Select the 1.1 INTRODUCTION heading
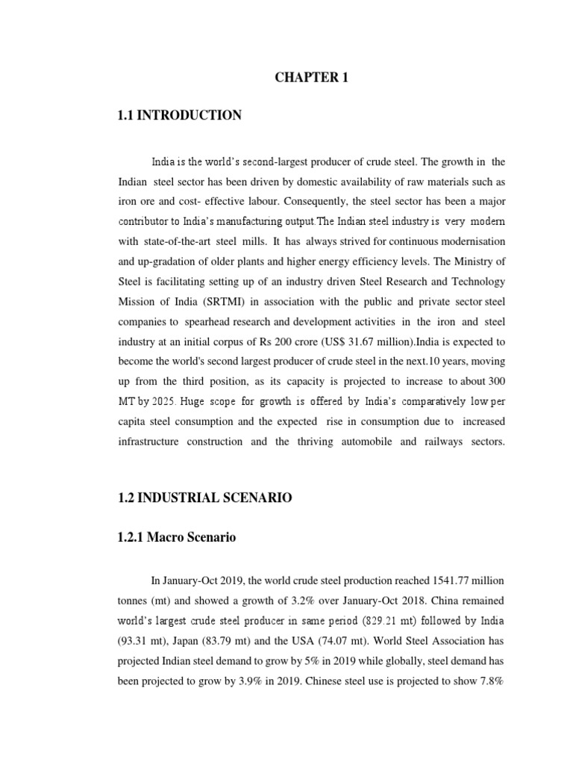[180, 115]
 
